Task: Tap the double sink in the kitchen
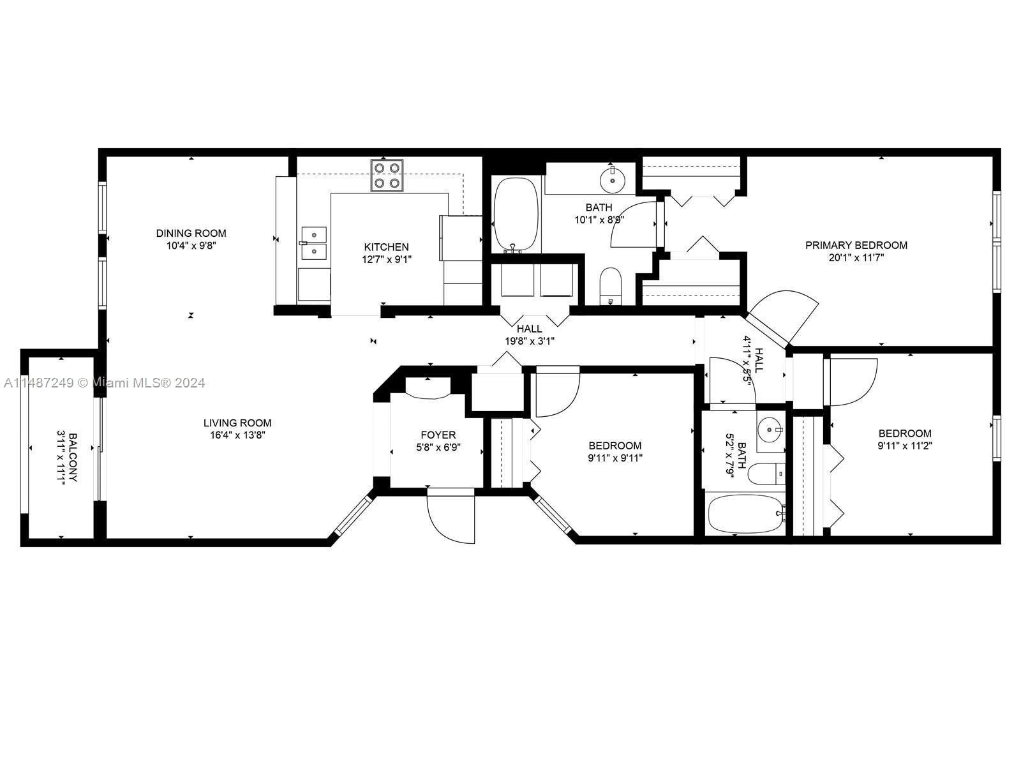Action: [x=313, y=243]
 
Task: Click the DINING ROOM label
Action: [x=191, y=233]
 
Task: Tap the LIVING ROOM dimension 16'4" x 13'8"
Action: [x=237, y=435]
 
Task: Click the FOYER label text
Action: [x=438, y=435]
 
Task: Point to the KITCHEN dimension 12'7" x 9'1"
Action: [x=386, y=259]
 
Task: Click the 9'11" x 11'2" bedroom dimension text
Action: [x=904, y=446]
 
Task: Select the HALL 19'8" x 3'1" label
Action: [x=530, y=335]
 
